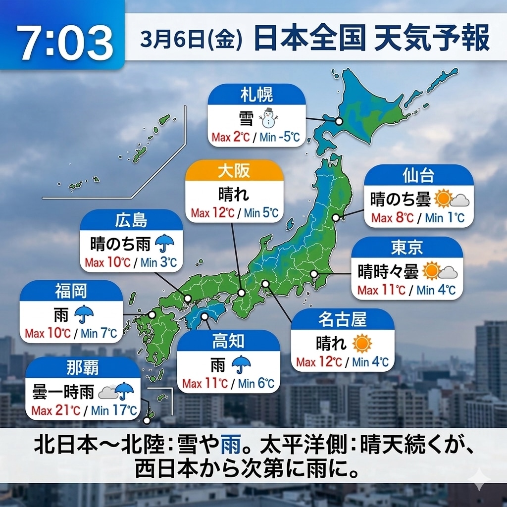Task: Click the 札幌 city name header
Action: pos(256,94)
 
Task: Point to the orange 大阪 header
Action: pos(234,171)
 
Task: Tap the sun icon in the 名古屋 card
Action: pos(362,343)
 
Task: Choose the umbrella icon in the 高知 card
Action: pos(241,364)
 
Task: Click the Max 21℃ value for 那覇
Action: pos(55,410)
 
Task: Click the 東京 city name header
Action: pos(406,247)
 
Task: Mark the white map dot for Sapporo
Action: pos(339,121)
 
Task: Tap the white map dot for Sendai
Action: pos(336,217)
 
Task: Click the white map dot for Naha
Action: pos(147,421)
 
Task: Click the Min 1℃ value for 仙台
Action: pos(444,217)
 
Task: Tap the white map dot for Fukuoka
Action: pos(152,314)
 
